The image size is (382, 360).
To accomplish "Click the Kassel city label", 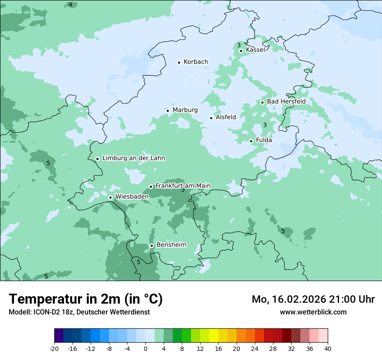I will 255,50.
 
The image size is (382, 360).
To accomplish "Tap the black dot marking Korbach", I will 179,62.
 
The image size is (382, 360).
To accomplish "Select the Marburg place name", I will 185,110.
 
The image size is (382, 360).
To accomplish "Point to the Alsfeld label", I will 226,117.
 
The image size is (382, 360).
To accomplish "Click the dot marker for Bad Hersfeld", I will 263,102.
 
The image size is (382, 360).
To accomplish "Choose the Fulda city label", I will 264,140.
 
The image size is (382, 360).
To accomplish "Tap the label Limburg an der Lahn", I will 133,158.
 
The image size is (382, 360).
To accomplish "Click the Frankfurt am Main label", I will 183,186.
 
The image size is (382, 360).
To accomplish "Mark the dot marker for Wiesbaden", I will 111,197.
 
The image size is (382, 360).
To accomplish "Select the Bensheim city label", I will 171,245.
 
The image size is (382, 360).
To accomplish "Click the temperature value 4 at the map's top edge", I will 70,4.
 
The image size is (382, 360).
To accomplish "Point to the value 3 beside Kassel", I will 239,45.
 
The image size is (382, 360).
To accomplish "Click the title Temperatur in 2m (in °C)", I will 86,299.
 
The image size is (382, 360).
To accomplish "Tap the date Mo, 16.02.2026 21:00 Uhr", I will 313,299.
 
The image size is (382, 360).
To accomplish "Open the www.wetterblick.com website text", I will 313,312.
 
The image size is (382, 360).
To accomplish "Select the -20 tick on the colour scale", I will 54,348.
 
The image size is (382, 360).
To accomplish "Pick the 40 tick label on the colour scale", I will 327,348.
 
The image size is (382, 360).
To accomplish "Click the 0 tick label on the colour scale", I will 145,348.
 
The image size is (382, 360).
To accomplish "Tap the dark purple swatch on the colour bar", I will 59,336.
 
